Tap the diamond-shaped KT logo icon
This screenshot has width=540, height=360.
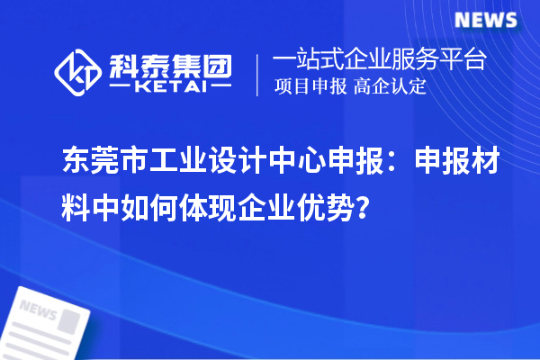click(x=80, y=72)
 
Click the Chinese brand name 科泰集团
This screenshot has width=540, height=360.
click(x=171, y=64)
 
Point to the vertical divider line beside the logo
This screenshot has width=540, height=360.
click(x=259, y=73)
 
